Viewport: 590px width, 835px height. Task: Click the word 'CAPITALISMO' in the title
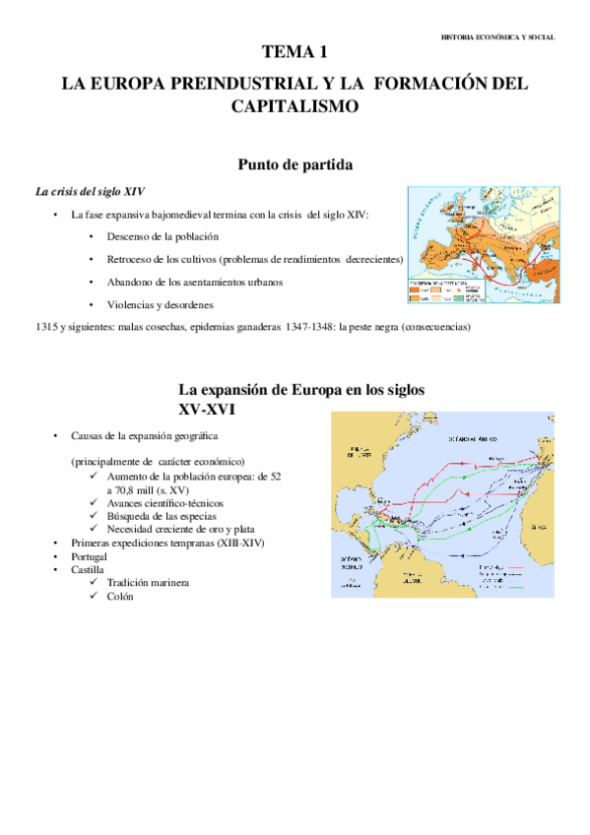pyautogui.click(x=295, y=105)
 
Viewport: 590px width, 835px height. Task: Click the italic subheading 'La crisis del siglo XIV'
pyautogui.click(x=91, y=191)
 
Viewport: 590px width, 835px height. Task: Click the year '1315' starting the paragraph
pyautogui.click(x=45, y=327)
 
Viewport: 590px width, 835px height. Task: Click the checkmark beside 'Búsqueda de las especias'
pyautogui.click(x=92, y=516)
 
